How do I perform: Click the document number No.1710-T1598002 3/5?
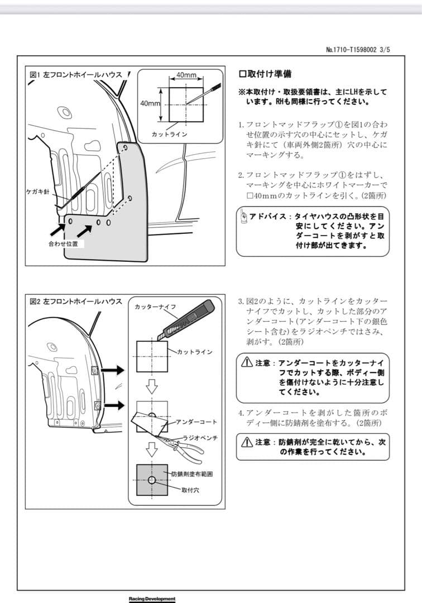358,49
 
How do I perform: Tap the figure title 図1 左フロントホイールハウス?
75,75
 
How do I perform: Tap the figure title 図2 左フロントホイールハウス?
75,301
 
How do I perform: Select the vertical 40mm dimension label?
150,104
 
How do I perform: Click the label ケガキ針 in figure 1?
38,192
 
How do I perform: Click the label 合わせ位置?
63,244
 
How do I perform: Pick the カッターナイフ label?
156,308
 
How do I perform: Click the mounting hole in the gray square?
152,480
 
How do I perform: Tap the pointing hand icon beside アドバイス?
243,216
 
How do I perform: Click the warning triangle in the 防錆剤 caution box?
246,442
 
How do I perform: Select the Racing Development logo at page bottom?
152,599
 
